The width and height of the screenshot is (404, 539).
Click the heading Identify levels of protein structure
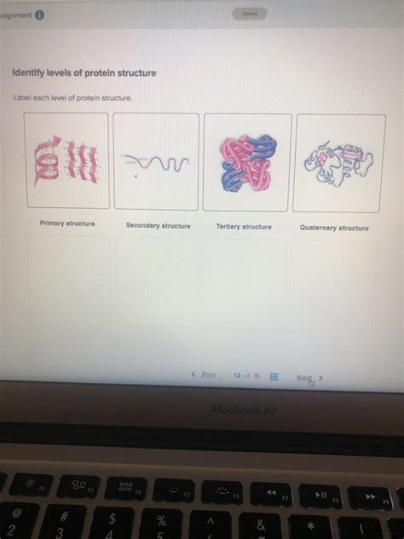click(84, 73)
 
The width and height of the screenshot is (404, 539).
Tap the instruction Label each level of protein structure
click(72, 98)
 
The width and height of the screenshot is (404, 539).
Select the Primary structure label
click(67, 223)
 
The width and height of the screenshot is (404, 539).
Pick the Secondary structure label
click(158, 226)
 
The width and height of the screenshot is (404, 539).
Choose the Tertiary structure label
click(244, 227)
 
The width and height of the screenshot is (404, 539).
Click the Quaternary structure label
click(334, 228)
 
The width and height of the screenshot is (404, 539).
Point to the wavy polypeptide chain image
click(156, 161)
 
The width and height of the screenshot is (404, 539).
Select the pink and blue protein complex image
click(246, 161)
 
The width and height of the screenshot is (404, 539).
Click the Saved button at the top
click(250, 14)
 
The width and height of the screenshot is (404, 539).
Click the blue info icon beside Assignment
click(40, 15)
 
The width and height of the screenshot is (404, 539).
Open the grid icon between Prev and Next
click(274, 376)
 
